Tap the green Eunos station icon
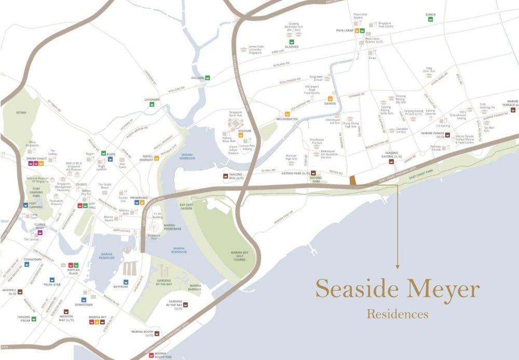click(430, 19)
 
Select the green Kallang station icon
click(207, 77)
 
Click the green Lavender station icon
click(152, 104)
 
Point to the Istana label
click(21, 112)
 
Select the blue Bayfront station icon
click(111, 282)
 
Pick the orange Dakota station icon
click(329, 98)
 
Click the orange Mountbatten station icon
click(286, 114)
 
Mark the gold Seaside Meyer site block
click(353, 180)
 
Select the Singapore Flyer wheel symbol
click(153, 228)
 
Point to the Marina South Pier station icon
click(151, 355)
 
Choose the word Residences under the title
click(398, 314)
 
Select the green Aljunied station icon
click(292, 42)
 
